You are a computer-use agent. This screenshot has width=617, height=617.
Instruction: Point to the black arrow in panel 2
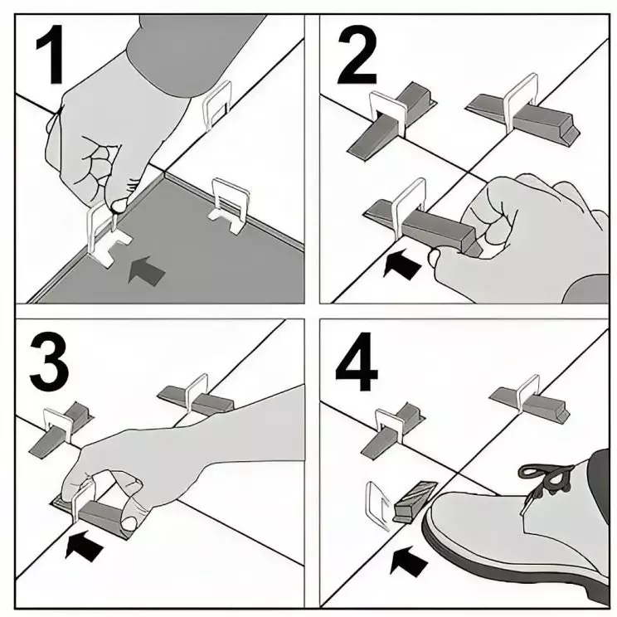(404, 264)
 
